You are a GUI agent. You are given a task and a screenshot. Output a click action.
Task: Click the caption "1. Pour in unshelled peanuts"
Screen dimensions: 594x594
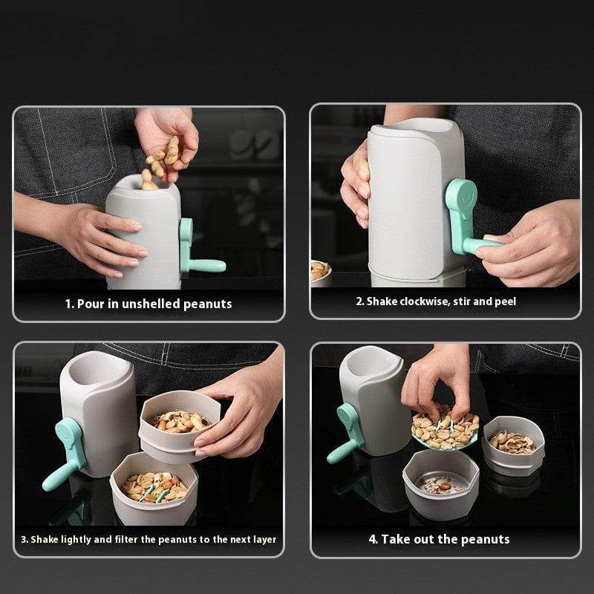[x=148, y=304]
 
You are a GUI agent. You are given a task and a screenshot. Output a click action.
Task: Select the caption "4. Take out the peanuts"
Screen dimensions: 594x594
[x=439, y=539]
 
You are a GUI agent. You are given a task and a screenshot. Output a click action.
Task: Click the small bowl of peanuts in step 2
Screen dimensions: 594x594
[x=320, y=271]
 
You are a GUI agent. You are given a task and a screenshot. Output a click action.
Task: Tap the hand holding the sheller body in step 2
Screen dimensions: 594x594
[x=355, y=186]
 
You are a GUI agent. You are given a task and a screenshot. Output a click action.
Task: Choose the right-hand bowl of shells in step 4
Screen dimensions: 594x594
[x=513, y=446]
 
